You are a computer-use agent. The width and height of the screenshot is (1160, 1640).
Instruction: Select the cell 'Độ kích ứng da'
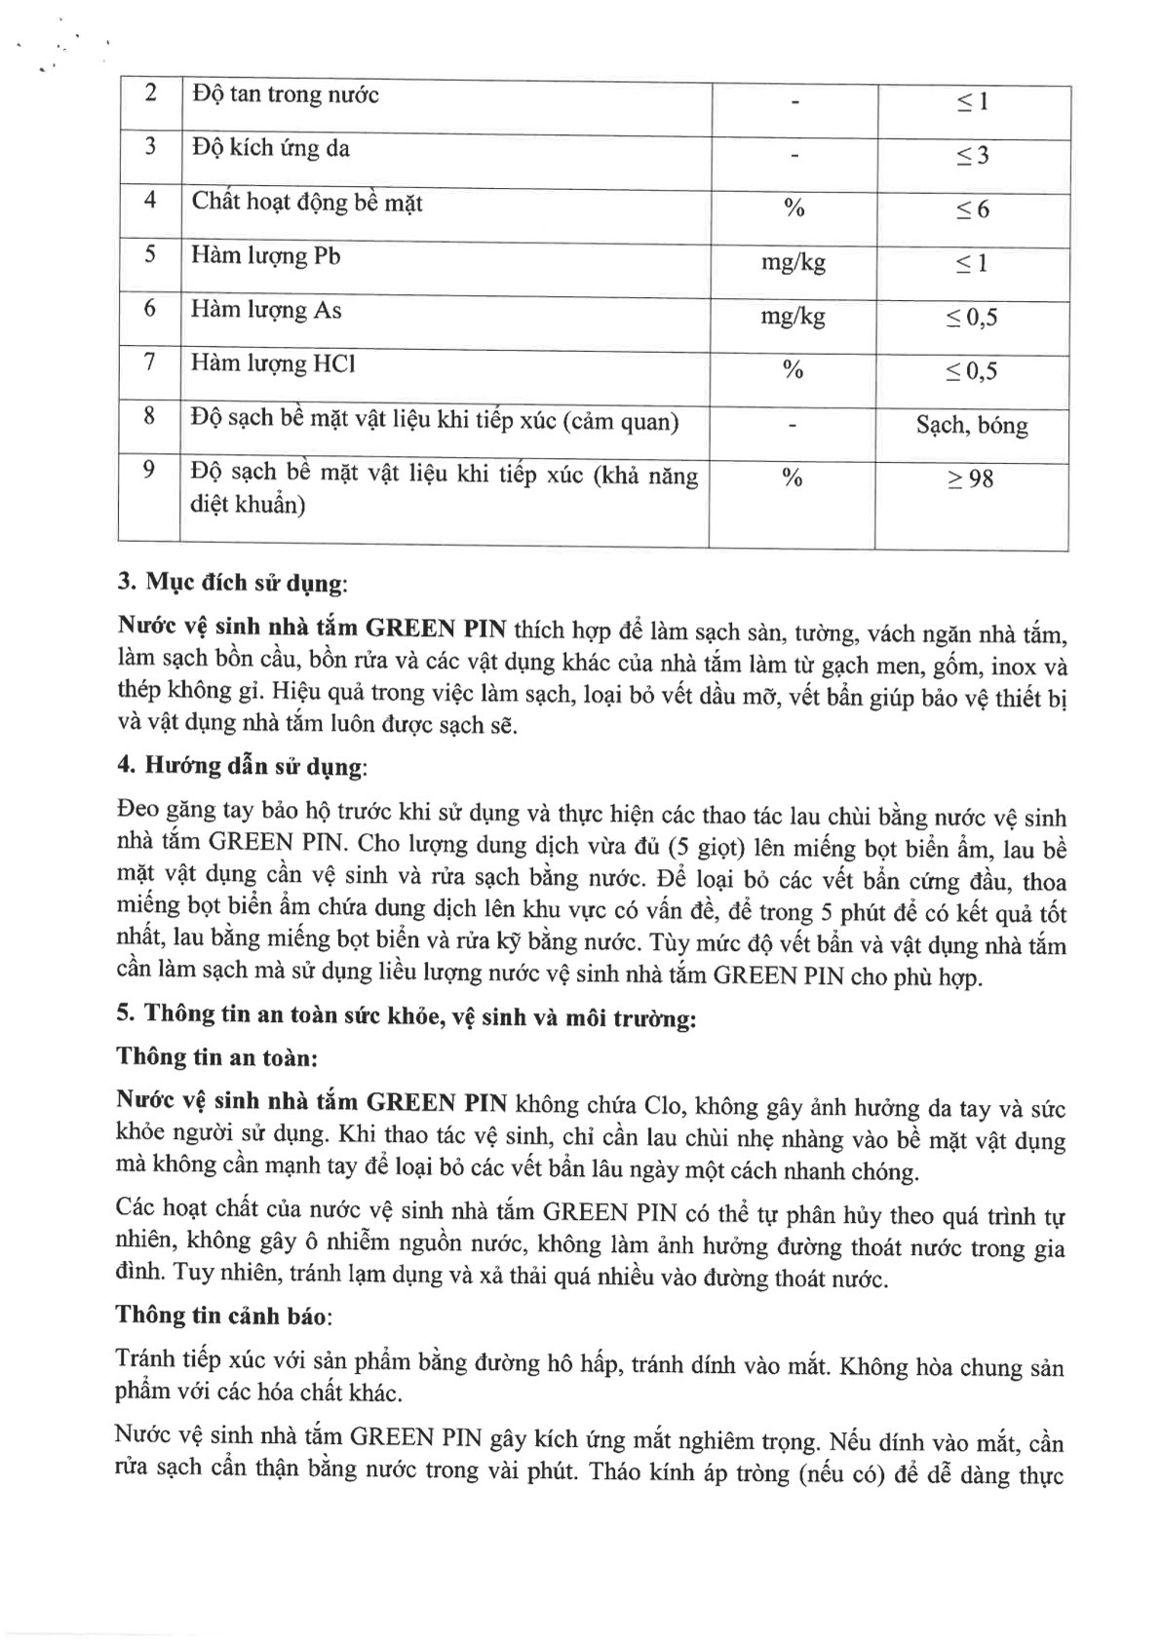click(271, 149)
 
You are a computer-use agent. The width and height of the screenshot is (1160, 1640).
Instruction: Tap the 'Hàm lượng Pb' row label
click(266, 256)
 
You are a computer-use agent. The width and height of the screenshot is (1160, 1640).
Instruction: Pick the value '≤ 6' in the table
click(972, 210)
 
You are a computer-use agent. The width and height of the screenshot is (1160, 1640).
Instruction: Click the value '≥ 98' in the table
click(971, 479)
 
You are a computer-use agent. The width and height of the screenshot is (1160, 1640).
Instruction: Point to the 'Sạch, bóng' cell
click(971, 426)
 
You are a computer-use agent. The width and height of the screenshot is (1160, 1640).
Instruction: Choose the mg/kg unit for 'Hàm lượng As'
click(793, 317)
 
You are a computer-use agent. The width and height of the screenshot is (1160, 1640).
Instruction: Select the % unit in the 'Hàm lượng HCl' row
click(793, 370)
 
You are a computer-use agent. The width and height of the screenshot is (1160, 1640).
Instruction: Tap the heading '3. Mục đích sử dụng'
click(232, 584)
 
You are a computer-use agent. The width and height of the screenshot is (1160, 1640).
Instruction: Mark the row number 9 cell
click(149, 471)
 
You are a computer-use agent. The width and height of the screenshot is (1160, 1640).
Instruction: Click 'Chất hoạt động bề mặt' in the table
click(306, 203)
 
